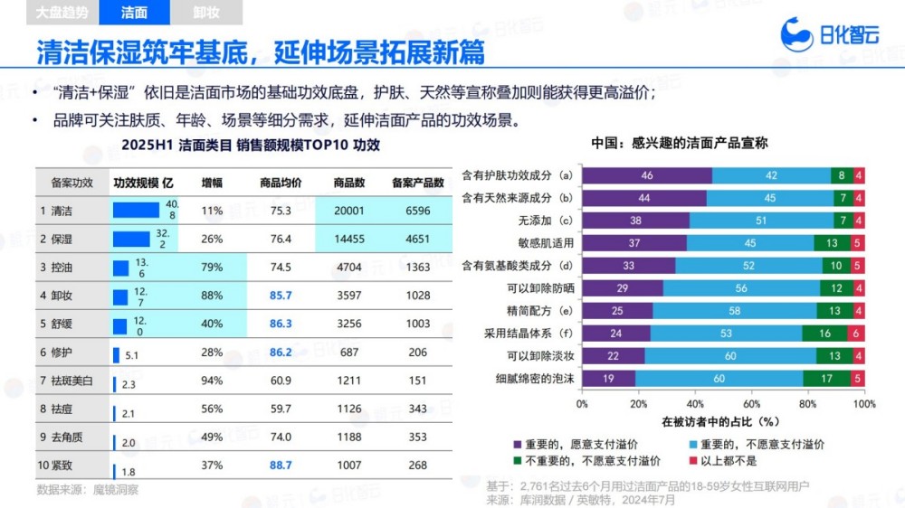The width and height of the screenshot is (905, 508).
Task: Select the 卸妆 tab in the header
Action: pos(206,13)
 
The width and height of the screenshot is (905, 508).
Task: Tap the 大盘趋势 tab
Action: pos(62,13)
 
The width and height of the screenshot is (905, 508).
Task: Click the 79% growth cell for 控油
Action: pos(212,268)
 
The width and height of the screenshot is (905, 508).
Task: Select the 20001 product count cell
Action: pos(348,211)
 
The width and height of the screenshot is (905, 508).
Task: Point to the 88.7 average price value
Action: pos(281,465)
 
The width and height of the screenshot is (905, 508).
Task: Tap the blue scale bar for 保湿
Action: pos(130,240)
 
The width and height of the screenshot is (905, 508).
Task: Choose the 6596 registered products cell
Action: pos(417,211)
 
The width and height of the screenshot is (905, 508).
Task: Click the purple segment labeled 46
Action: pos(646,175)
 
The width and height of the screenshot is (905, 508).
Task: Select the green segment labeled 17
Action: pos(826,379)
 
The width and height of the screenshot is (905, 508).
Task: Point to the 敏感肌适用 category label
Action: pos(547,242)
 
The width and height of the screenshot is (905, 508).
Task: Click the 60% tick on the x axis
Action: pos(751,403)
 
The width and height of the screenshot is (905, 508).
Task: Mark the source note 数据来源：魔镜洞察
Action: pos(87,489)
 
